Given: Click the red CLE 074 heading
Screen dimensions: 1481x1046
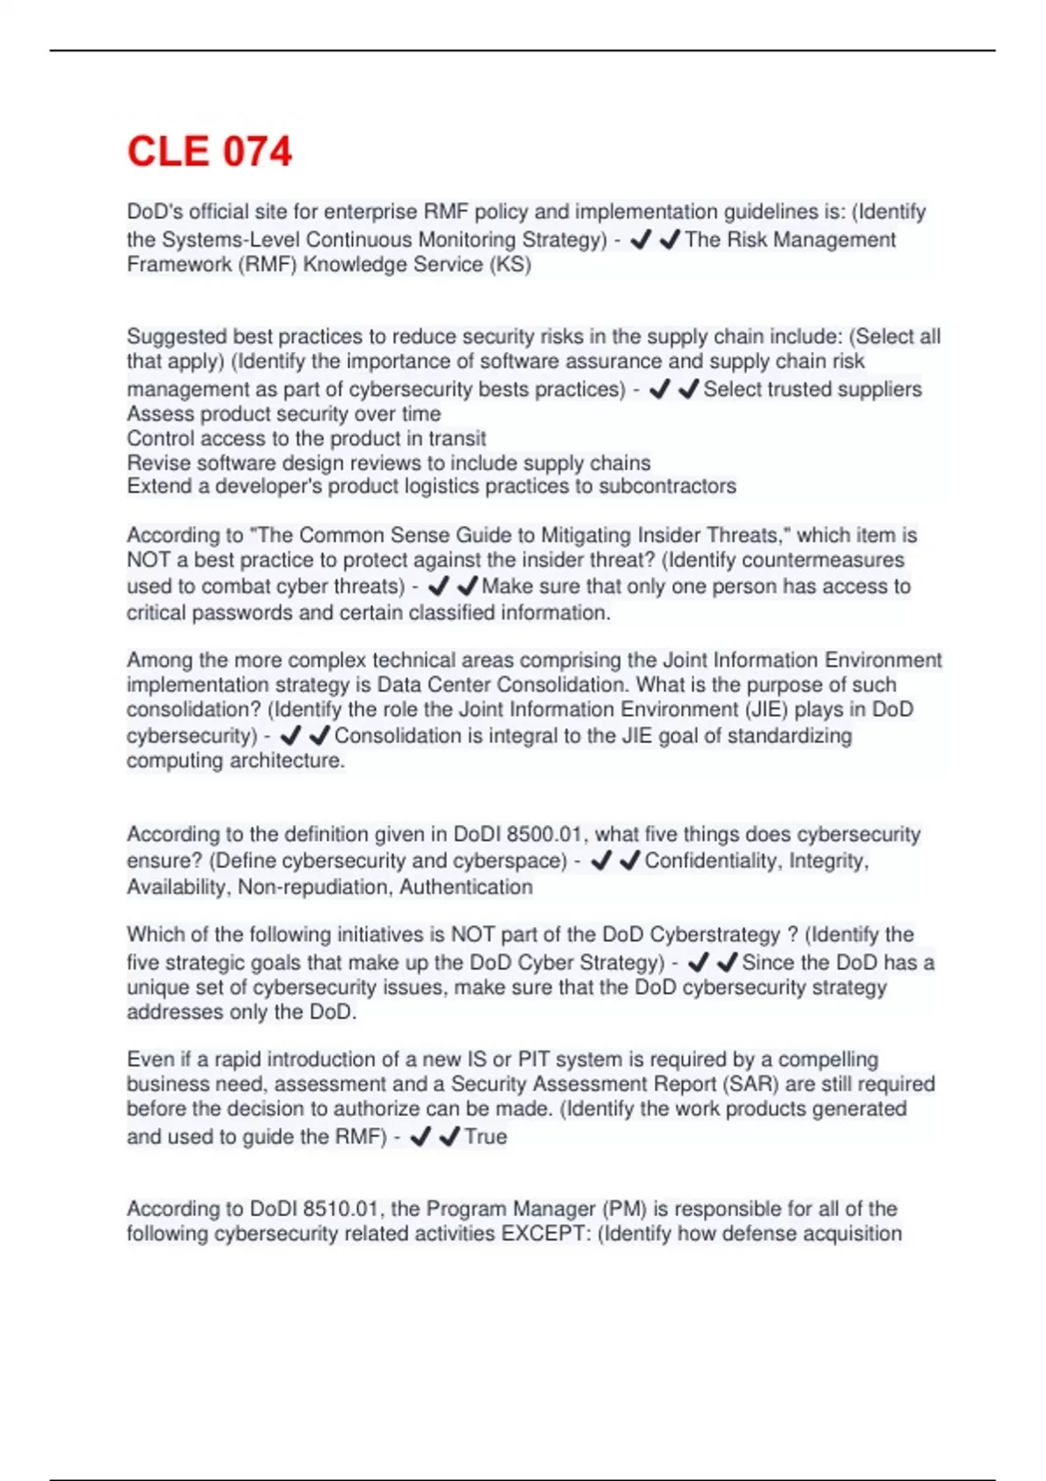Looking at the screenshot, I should click(x=209, y=152).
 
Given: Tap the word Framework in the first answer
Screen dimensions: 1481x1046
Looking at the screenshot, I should click(x=179, y=265).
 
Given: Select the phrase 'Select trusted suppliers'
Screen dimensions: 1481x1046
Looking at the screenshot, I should click(x=812, y=389).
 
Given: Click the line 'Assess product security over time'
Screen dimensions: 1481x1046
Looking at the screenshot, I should click(x=283, y=414).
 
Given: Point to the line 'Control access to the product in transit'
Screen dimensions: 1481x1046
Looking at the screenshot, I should click(x=306, y=438).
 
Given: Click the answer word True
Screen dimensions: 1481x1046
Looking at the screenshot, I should click(x=486, y=1137).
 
